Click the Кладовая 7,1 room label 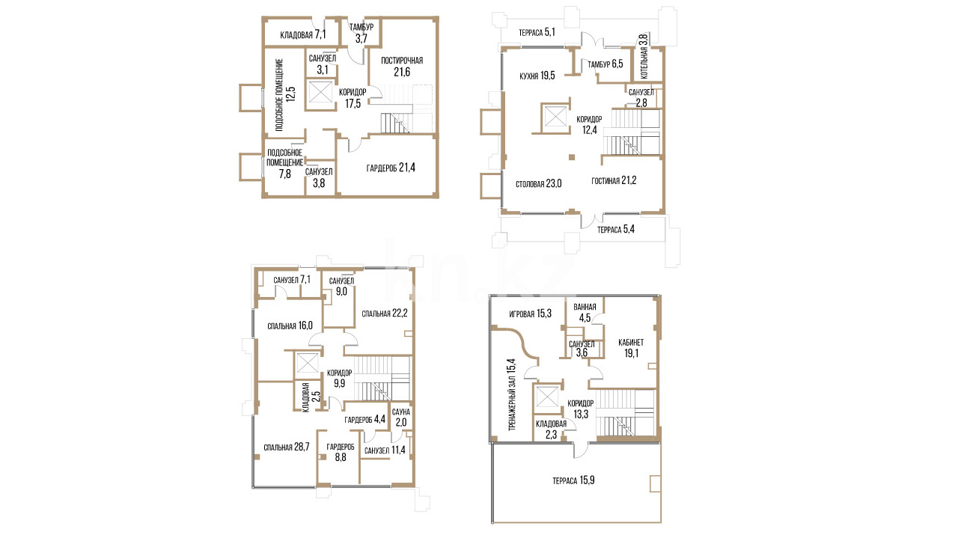point(303,34)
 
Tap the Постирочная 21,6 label point(402,66)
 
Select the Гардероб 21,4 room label point(391,168)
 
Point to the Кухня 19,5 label point(537,76)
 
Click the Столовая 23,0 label point(538,184)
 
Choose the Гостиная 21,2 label point(614,180)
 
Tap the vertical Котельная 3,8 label point(644,57)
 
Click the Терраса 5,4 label point(616,230)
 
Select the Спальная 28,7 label point(287,447)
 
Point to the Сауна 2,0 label point(401,418)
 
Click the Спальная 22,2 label point(385,314)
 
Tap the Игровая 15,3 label point(530,314)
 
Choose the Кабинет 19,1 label point(631,348)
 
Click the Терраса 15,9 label point(573,480)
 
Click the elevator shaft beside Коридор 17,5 point(320,93)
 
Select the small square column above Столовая point(572,157)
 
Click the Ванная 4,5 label point(585,312)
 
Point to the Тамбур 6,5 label point(605,64)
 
